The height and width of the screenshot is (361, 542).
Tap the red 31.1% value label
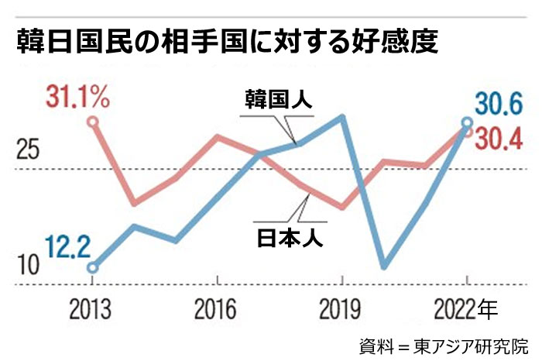coord(76,98)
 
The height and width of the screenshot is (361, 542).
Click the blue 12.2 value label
coord(68,248)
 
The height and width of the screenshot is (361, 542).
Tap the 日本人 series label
coord(290,236)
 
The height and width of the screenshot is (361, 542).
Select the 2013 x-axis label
coord(92,310)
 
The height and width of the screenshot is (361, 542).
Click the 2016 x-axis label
coord(217,310)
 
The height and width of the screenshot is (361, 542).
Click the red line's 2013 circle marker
coord(93,122)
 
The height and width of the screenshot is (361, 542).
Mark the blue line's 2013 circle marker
coord(93,268)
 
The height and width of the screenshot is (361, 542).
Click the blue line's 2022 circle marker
coord(467,122)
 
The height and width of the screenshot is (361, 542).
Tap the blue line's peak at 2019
coord(342,117)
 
